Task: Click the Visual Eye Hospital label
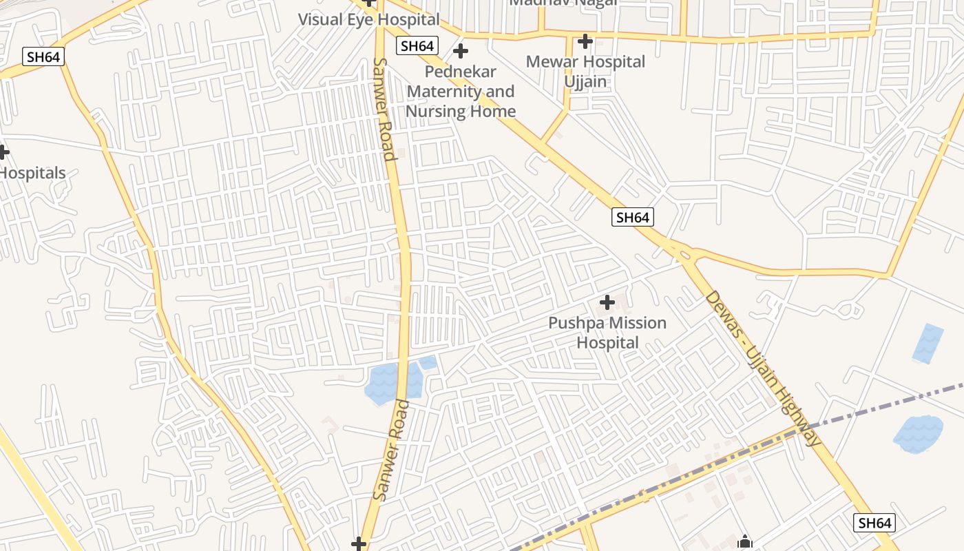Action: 368,19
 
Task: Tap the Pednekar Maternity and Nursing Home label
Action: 461,92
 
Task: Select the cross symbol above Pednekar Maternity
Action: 461,51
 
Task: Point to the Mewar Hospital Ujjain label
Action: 585,72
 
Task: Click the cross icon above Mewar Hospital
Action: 585,41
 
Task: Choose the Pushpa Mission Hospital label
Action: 607,333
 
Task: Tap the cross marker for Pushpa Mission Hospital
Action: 607,302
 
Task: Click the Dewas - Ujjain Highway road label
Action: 762,368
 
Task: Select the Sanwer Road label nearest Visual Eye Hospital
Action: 385,109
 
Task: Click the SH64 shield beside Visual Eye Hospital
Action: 417,46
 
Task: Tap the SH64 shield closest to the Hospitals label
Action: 43,56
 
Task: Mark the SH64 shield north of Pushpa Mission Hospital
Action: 632,218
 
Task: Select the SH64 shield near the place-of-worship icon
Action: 875,523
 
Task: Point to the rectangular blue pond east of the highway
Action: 928,343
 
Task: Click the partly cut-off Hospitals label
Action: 32,173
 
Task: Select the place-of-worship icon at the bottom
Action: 744,543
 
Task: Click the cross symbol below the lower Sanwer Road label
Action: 358,544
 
